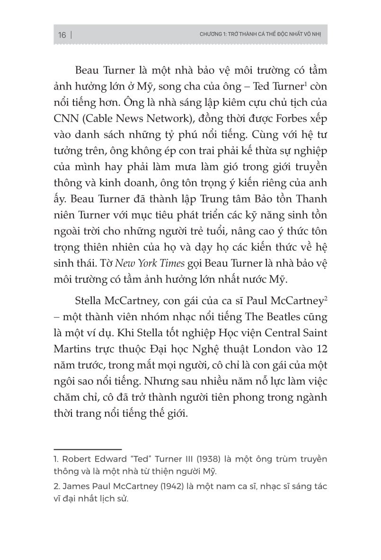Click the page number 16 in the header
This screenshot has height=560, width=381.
pyautogui.click(x=62, y=35)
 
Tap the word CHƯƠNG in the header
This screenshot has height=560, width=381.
pyautogui.click(x=210, y=35)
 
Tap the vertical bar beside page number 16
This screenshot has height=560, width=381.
pyautogui.click(x=71, y=35)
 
